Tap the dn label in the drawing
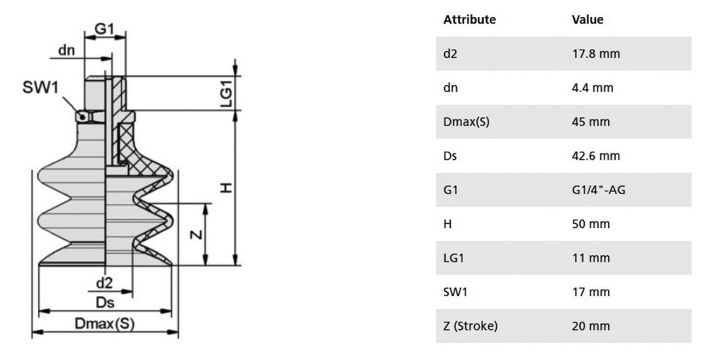pyautogui.click(x=67, y=50)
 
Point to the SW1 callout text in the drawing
pyautogui.click(x=40, y=87)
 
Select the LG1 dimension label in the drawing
pyautogui.click(x=227, y=96)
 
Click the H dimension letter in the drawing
pyautogui.click(x=227, y=187)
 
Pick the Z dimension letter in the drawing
pyautogui.click(x=197, y=234)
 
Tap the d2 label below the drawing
pyautogui.click(x=105, y=283)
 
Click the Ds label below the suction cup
pyautogui.click(x=105, y=303)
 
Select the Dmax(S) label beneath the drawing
pyautogui.click(x=105, y=323)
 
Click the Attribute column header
pyautogui.click(x=470, y=20)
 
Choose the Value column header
pyautogui.click(x=588, y=20)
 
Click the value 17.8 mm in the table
pyautogui.click(x=596, y=53)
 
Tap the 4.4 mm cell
pyautogui.click(x=592, y=88)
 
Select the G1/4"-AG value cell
pyautogui.click(x=599, y=190)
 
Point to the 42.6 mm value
pyautogui.click(x=596, y=156)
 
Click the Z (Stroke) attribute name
pyautogui.click(x=470, y=326)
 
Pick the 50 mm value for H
pyautogui.click(x=591, y=224)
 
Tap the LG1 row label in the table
pyautogui.click(x=454, y=258)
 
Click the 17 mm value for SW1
pyautogui.click(x=591, y=292)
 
